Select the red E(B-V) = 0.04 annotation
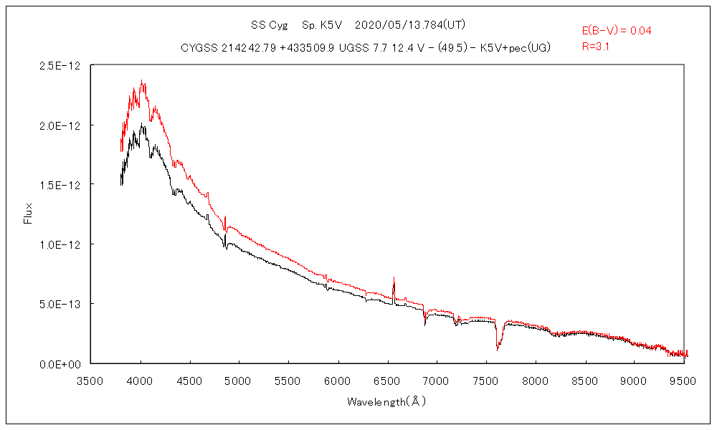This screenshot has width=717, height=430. click(x=616, y=31)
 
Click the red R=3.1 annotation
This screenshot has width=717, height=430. click(x=596, y=47)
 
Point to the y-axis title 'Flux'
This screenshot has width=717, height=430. click(x=29, y=214)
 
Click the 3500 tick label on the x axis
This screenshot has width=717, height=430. click(x=91, y=381)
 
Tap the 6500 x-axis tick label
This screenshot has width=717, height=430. click(x=387, y=381)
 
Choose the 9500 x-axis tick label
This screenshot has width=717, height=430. click(x=683, y=381)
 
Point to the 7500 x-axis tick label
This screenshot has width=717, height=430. click(x=486, y=381)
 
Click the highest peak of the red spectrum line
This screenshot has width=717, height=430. click(x=141, y=81)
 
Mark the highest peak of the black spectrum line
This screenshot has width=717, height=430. click(x=142, y=124)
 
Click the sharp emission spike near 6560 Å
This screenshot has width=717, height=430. click(x=394, y=277)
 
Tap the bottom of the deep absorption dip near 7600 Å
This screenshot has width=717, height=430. click(x=497, y=350)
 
